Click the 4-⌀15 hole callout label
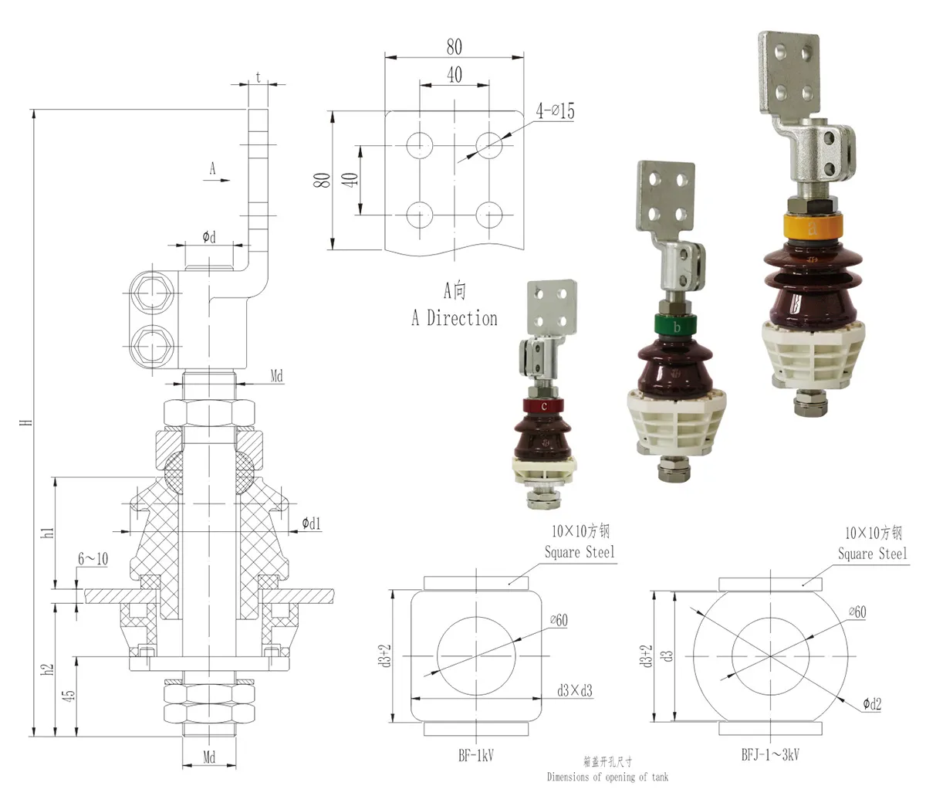556,111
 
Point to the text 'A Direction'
455,318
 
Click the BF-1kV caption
475,755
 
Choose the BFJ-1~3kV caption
768,754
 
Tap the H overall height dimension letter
28,422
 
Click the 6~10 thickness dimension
93,558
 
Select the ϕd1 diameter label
311,524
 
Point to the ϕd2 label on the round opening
872,703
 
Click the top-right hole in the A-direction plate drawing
489,143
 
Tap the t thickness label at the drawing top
258,77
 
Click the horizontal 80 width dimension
455,47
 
